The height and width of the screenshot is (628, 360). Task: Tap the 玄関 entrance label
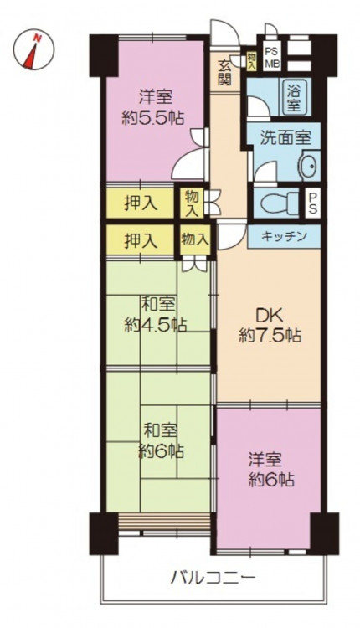(x=224, y=72)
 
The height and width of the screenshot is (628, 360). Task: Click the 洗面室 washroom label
(x=285, y=138)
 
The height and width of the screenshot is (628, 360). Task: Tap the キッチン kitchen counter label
(x=284, y=236)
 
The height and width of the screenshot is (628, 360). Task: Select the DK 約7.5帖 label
(x=270, y=326)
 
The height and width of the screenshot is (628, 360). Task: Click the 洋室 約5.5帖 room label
(x=154, y=108)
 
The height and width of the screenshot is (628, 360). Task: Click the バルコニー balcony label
(x=213, y=578)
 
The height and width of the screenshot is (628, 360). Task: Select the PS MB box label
(x=273, y=56)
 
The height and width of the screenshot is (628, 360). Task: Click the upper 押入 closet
(x=140, y=204)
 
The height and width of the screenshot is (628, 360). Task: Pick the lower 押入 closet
(x=140, y=240)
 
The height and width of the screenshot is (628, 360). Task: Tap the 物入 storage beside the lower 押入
(x=194, y=239)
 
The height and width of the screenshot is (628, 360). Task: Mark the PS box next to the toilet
(x=313, y=203)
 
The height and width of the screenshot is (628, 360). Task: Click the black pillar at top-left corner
(x=103, y=56)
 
